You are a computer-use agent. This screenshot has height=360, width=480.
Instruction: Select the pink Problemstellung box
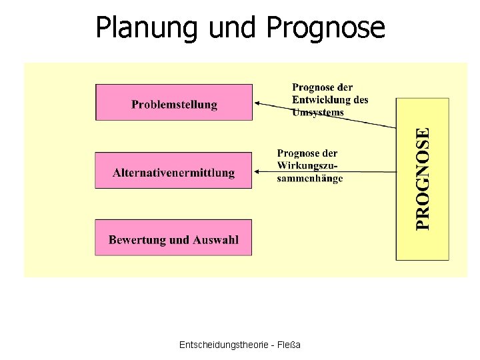click(x=174, y=103)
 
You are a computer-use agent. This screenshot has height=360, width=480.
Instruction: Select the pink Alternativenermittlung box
click(x=174, y=171)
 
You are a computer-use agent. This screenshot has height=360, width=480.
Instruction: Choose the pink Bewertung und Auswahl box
click(x=174, y=239)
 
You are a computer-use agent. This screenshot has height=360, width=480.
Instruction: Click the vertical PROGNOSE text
click(x=423, y=179)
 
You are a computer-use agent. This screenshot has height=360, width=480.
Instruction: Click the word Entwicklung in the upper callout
click(x=319, y=100)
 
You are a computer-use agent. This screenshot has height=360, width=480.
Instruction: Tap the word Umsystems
click(x=318, y=112)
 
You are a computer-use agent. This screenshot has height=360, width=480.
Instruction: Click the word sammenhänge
click(x=309, y=178)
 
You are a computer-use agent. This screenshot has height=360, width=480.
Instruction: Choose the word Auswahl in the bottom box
click(x=215, y=239)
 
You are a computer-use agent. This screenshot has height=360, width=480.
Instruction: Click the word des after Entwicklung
click(x=361, y=100)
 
